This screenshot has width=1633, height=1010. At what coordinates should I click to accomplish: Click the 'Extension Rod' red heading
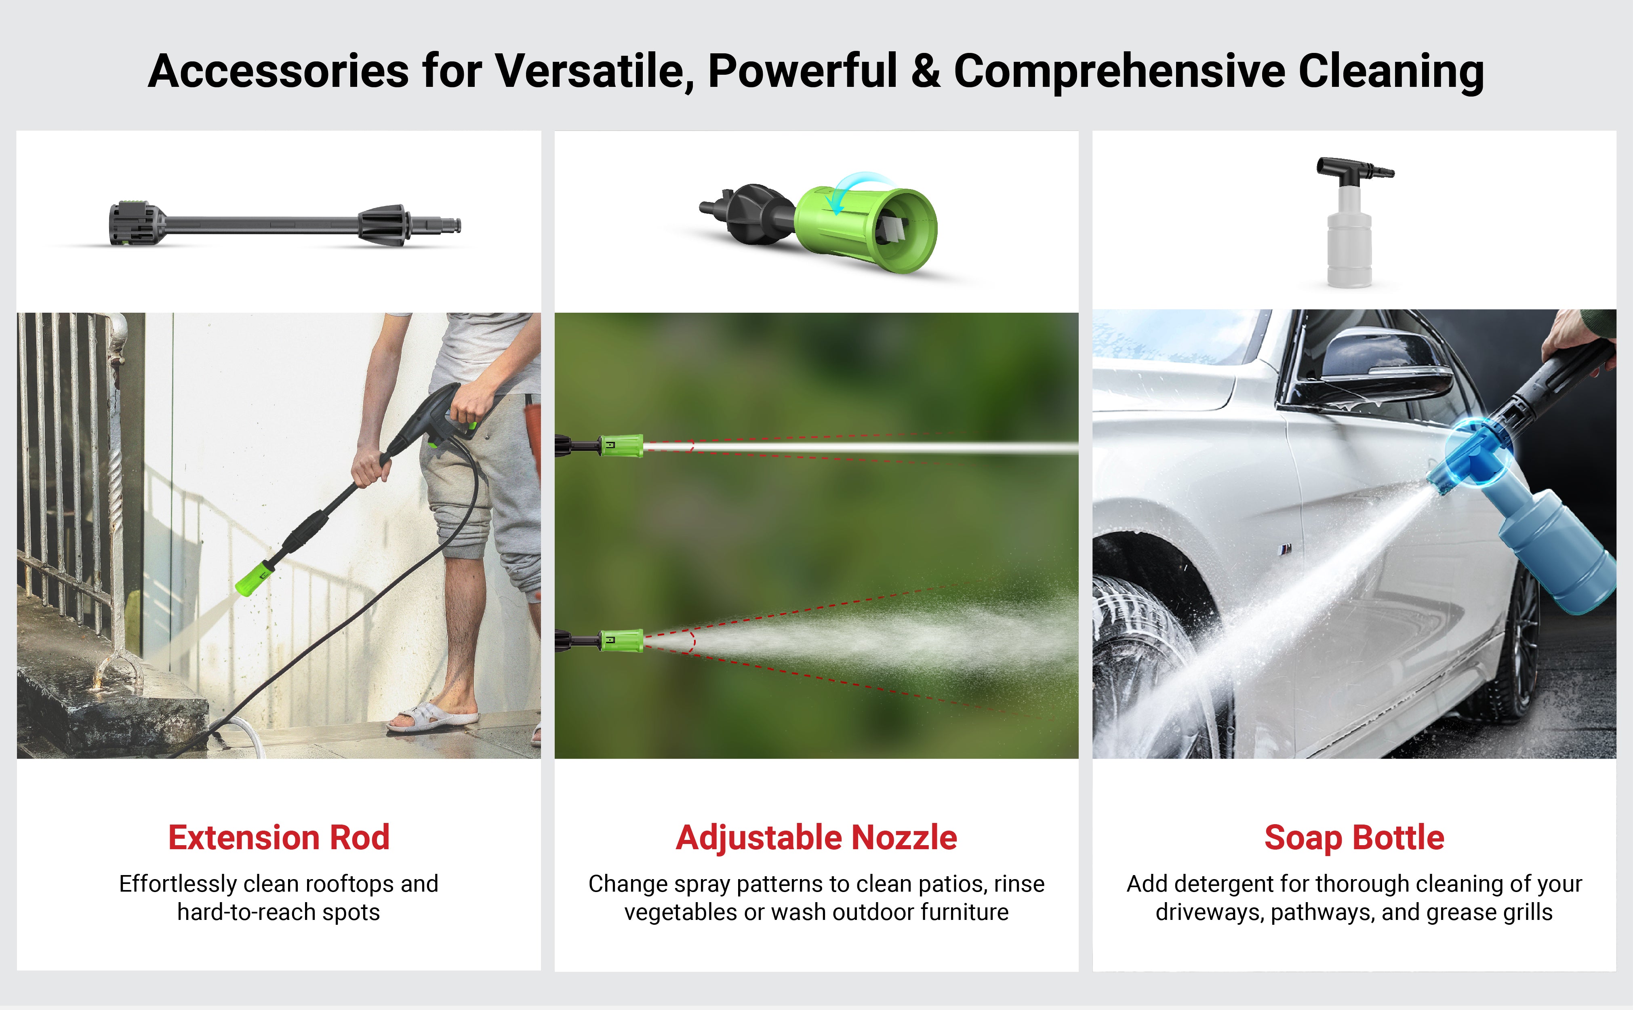278,837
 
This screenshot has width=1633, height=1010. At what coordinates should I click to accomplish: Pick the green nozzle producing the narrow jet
621,446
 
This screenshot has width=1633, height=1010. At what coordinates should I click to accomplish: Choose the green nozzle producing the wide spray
621,641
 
